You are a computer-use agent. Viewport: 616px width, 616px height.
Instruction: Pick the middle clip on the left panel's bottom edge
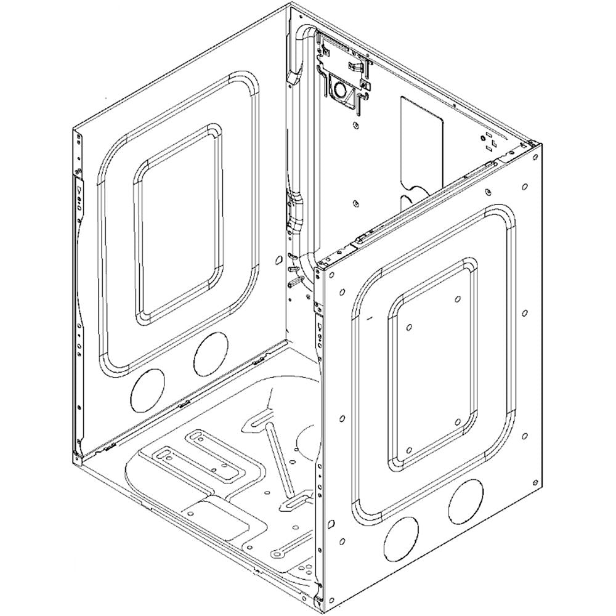(182, 405)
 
